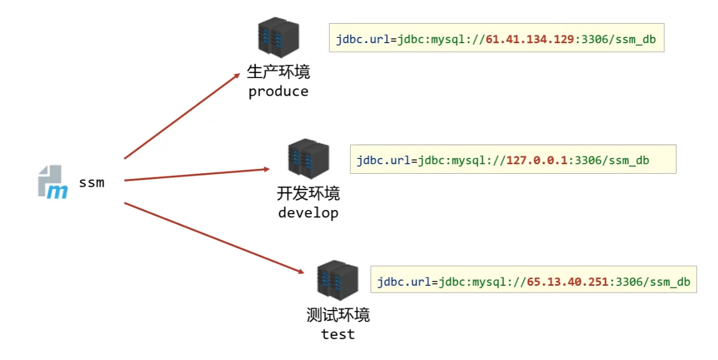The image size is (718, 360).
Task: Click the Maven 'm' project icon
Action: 53,182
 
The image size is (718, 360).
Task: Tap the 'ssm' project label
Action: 92,183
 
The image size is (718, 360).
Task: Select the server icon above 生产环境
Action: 278,37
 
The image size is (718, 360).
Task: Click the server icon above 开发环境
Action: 308,159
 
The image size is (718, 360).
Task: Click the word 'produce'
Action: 278,92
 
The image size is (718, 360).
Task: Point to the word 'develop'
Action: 308,213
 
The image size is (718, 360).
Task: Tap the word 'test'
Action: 338,334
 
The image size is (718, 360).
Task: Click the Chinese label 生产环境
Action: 278,72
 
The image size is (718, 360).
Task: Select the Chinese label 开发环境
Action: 308,194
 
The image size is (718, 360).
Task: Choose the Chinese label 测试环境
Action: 338,315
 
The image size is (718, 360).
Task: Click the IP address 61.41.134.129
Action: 529,39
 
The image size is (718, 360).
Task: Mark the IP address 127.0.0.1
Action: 536,161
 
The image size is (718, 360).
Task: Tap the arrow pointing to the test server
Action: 213,237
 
